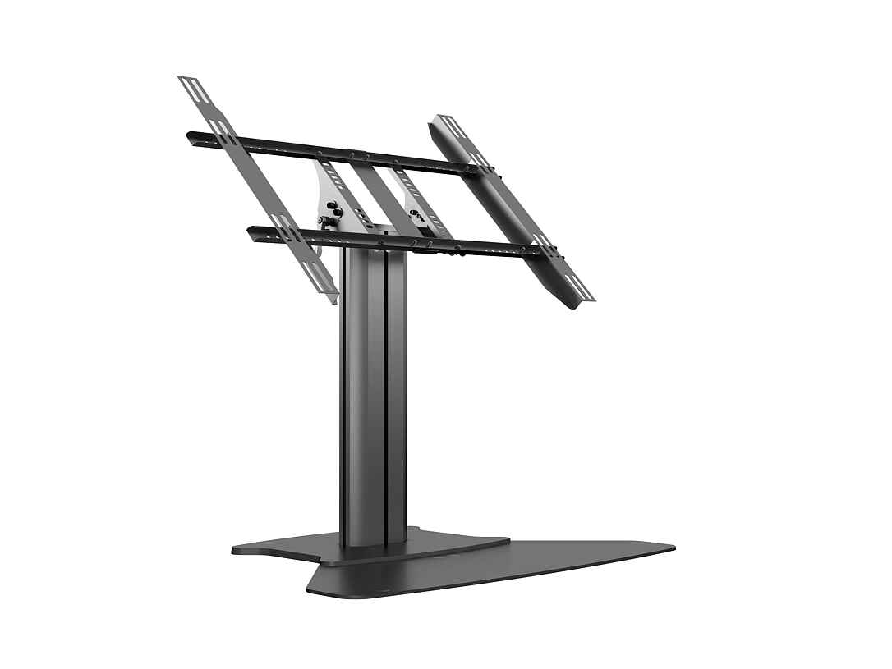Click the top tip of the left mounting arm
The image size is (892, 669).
(x=183, y=78)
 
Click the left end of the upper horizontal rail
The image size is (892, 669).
(x=190, y=135)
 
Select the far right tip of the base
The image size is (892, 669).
(x=674, y=547)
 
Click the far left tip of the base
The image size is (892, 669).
(x=233, y=548)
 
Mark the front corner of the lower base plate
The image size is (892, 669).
(x=310, y=589)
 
